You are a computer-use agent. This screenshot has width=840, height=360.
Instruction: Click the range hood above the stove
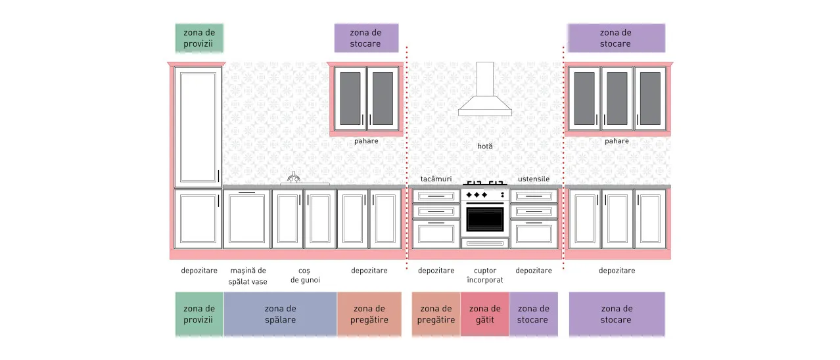[x=485, y=90]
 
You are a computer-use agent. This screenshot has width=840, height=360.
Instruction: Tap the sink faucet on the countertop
[x=294, y=177]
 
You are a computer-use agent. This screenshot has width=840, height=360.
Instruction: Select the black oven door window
[x=485, y=219]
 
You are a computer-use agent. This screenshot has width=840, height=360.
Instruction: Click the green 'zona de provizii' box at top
[x=199, y=38]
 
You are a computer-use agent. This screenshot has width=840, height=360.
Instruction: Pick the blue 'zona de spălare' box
[x=281, y=314]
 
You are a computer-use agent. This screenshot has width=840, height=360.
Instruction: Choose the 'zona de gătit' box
[x=485, y=314]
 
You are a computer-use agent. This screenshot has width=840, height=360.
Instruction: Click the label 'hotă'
[x=485, y=146]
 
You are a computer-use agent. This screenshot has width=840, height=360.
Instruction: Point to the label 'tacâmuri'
[x=436, y=179]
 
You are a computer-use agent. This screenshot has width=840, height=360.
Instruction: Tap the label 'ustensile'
[x=534, y=179]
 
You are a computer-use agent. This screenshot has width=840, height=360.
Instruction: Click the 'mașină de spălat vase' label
[x=248, y=276]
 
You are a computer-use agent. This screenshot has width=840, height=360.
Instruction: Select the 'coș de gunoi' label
[x=305, y=275]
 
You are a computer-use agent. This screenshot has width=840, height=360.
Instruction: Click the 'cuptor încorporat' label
[x=485, y=275]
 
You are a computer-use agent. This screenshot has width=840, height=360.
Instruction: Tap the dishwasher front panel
[x=246, y=219]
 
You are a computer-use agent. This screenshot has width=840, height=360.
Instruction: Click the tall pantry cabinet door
[x=198, y=127]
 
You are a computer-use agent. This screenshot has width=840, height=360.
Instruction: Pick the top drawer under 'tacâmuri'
[x=436, y=196]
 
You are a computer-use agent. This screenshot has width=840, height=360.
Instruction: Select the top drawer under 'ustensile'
[x=534, y=196]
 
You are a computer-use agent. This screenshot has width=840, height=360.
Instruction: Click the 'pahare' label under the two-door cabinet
[x=366, y=141]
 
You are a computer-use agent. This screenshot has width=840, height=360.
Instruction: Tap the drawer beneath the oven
[x=485, y=243]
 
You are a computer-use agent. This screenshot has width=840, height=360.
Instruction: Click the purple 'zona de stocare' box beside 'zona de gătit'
[x=534, y=314]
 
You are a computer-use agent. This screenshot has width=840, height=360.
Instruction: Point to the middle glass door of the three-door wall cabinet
[x=617, y=99]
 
